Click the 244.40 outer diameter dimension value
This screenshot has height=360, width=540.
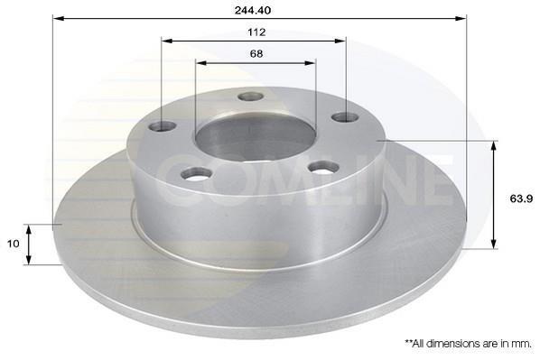[253, 10]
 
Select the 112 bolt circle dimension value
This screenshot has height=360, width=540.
[256, 32]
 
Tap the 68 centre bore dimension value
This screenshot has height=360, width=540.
[256, 54]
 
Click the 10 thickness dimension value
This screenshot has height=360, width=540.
[13, 244]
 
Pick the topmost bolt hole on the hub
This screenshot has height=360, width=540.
[251, 97]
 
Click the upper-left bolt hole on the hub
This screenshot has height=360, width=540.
[163, 126]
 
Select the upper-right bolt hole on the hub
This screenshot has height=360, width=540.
[346, 117]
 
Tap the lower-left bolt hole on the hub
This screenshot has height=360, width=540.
[196, 173]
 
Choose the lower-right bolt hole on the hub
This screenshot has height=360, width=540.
[323, 168]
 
